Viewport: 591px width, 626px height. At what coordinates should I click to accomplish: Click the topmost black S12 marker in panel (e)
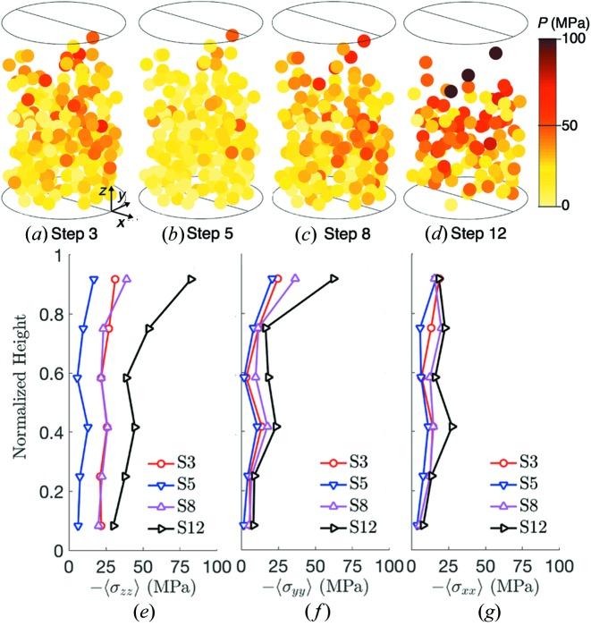click(191, 279)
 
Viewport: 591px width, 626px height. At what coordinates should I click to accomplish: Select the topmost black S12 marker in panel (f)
click(333, 278)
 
